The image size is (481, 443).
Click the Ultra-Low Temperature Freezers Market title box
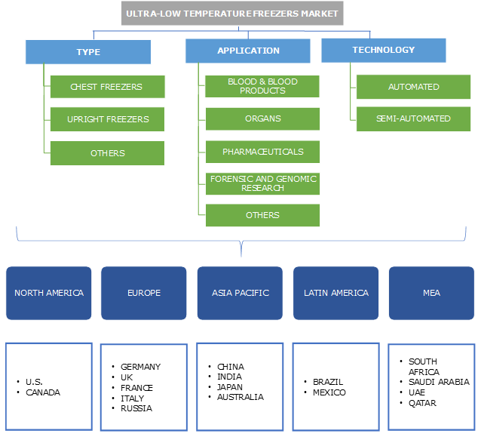(x=232, y=13)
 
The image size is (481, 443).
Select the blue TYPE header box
(x=88, y=52)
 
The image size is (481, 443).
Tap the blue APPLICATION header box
(x=248, y=51)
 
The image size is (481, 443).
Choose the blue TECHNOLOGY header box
(x=383, y=50)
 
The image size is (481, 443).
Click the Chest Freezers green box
(x=107, y=87)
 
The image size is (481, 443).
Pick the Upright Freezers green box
(x=107, y=119)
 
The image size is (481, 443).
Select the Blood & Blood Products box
(x=262, y=86)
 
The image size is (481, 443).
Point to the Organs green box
(x=262, y=118)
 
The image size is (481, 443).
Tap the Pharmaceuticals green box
(x=262, y=152)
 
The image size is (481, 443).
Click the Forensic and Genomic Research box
(x=262, y=183)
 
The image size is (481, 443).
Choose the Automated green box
(x=413, y=87)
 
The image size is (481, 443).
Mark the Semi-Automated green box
(x=413, y=118)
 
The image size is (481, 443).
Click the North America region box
(x=48, y=293)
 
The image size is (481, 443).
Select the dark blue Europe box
(x=144, y=293)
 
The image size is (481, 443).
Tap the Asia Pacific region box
(x=240, y=293)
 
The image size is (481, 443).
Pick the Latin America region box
(x=336, y=293)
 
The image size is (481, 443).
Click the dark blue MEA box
(x=432, y=293)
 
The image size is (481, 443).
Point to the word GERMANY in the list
(x=140, y=367)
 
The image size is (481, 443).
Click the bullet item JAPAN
(x=230, y=387)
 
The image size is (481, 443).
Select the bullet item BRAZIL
(x=328, y=382)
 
